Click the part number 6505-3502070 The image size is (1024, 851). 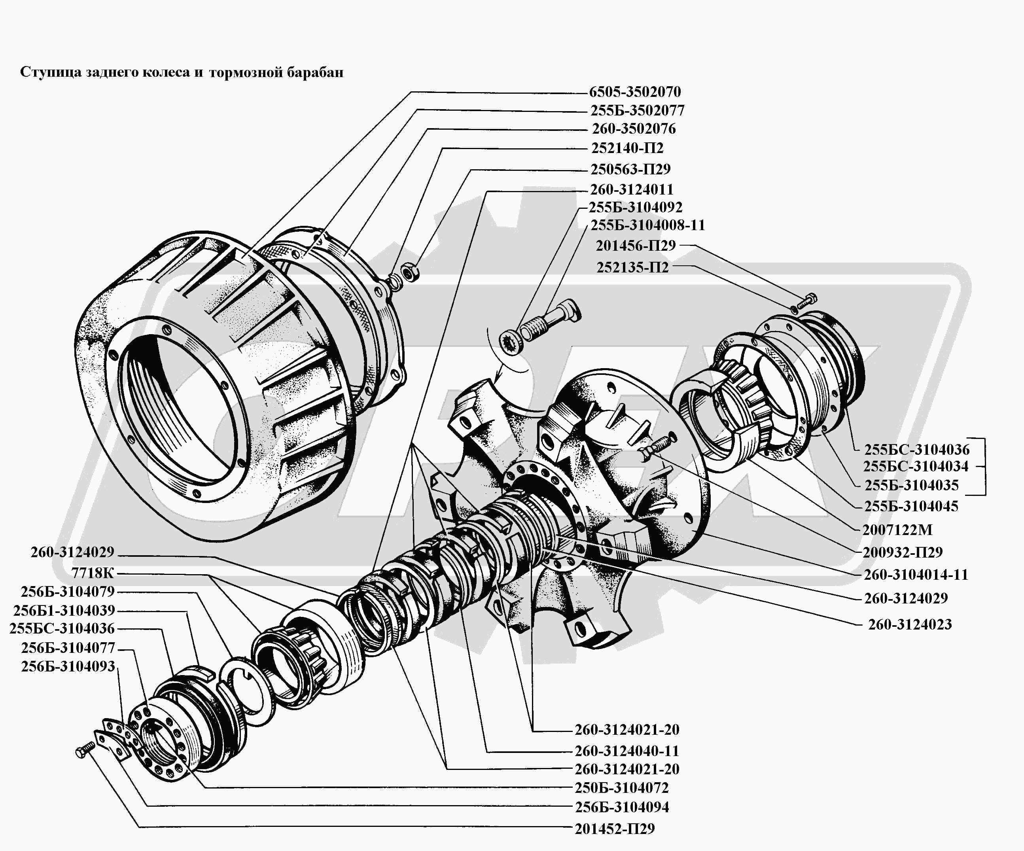pos(634,92)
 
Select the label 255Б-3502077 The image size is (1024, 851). pos(637,111)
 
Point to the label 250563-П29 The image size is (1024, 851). pos(630,169)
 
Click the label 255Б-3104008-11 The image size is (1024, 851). pos(647,225)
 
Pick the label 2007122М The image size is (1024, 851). pos(897,530)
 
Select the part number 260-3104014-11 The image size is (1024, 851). pos(915,575)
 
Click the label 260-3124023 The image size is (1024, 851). pos(909,624)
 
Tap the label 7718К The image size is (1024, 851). pos(92,573)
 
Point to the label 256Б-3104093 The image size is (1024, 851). pos(68,666)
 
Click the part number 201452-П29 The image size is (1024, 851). pos(614,828)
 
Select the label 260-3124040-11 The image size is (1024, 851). pos(627,751)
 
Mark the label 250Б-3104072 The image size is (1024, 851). pos(621,788)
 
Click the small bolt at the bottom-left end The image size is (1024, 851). pos(85,751)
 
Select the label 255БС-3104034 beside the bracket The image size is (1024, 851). pos(915,467)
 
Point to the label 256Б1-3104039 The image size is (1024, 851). pos(64,610)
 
